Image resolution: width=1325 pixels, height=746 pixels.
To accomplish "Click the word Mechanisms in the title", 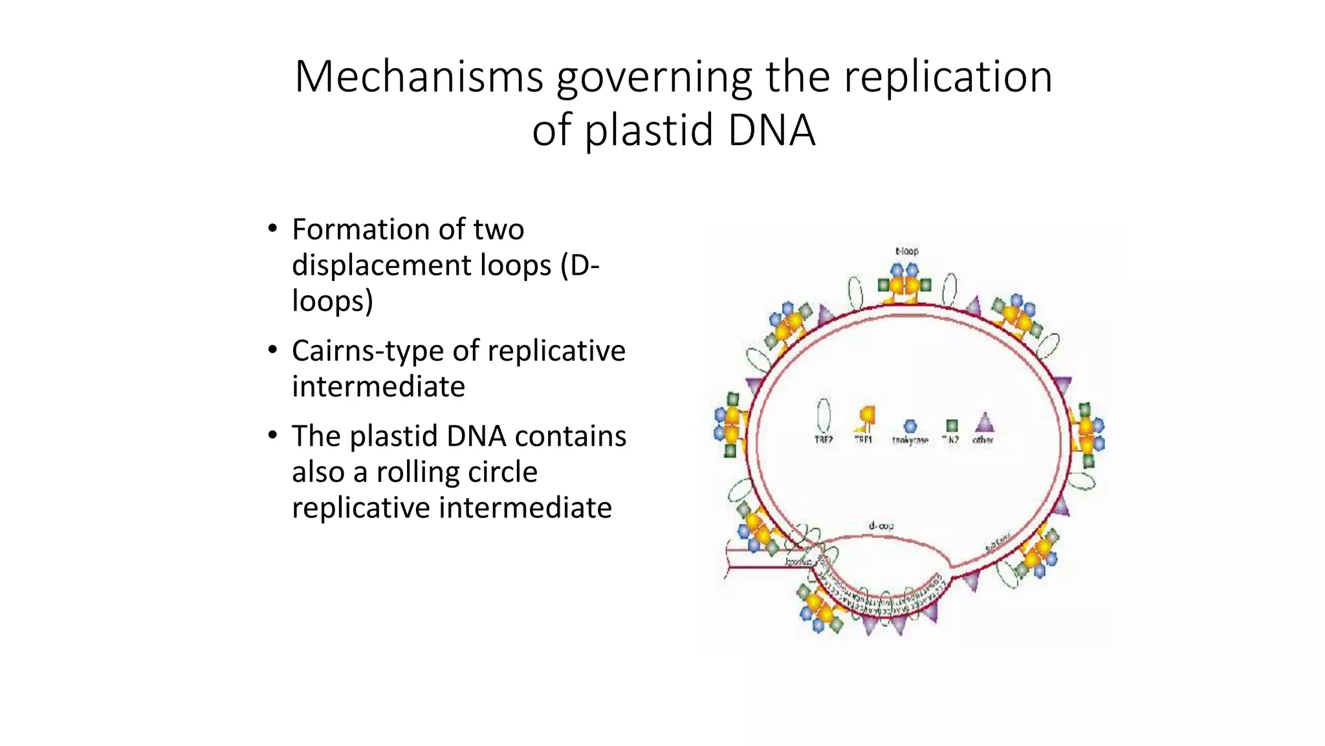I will point(419,76).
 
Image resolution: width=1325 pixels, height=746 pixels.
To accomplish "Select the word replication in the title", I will point(948,76).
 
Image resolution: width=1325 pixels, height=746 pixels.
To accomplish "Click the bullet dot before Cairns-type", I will point(273,350).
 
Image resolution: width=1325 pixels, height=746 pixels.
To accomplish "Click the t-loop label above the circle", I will point(906,251).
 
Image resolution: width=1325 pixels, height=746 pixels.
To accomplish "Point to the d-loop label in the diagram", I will point(881,526).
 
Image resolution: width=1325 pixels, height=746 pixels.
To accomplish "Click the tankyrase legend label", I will point(910,440).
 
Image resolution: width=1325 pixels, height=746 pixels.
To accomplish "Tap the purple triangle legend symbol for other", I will point(984,423).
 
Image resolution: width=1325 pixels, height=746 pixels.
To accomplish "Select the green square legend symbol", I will point(951,425).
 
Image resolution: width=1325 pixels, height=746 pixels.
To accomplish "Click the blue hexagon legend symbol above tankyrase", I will point(910,425).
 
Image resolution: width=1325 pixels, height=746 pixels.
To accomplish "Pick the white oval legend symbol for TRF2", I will point(824,414).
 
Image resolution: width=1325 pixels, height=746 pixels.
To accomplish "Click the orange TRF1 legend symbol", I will point(866,418).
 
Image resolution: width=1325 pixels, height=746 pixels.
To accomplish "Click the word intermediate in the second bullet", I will point(378,387).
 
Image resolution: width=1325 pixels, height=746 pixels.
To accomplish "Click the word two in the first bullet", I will point(498,229).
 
